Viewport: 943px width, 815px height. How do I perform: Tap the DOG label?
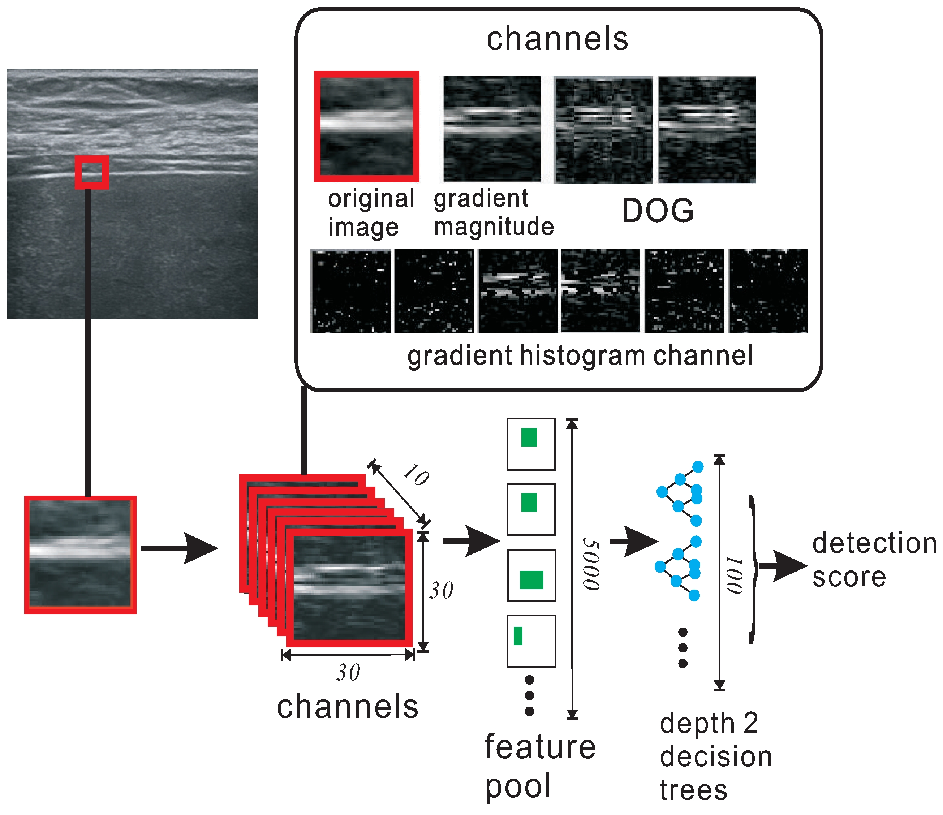tap(658, 211)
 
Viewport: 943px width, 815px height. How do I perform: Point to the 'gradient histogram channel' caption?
tap(580, 355)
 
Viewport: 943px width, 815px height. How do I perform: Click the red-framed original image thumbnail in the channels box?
tap(366, 126)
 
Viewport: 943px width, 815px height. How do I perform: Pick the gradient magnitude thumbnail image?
tap(492, 129)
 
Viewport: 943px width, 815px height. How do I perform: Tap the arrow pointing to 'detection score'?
tap(783, 566)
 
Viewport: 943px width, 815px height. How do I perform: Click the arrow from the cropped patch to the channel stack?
tap(180, 548)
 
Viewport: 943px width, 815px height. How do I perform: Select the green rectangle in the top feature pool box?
tap(529, 437)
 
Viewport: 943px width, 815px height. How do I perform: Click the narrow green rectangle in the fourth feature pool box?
tap(518, 636)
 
